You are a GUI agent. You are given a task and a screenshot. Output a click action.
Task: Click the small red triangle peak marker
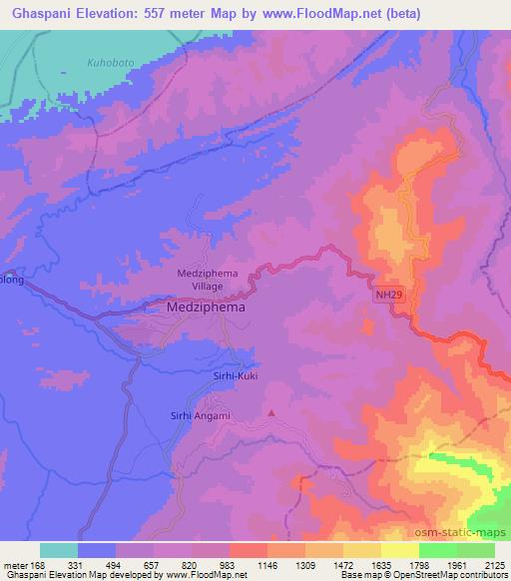(271, 411)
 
